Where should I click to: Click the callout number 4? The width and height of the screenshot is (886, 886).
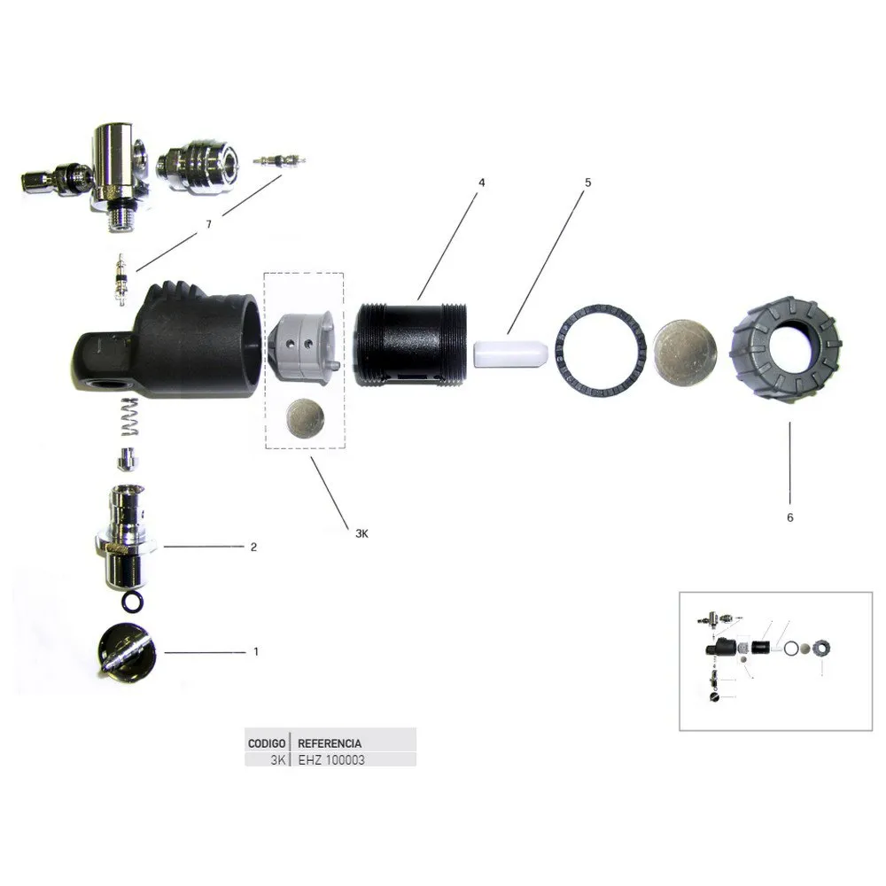[x=481, y=183]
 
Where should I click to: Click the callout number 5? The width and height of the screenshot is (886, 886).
[x=587, y=183]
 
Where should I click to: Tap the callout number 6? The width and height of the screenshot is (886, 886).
[x=790, y=517]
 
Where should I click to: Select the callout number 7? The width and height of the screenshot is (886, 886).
[x=208, y=224]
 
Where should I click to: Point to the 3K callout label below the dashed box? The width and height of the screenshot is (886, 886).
[x=361, y=532]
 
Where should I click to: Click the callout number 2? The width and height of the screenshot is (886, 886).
[x=253, y=547]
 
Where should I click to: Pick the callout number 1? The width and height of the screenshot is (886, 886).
[x=256, y=651]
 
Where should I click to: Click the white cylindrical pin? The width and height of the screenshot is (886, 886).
[x=510, y=354]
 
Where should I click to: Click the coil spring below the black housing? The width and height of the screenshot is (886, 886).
[x=130, y=416]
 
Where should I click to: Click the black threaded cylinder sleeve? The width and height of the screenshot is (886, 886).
[x=411, y=345]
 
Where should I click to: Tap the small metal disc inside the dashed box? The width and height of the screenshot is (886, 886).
[x=306, y=417]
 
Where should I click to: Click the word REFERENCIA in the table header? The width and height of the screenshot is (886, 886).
[x=330, y=743]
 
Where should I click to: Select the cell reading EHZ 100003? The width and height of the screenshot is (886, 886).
[x=331, y=760]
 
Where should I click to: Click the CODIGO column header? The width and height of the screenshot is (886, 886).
[x=267, y=743]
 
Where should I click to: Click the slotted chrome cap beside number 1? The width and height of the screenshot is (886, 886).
[x=127, y=651]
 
